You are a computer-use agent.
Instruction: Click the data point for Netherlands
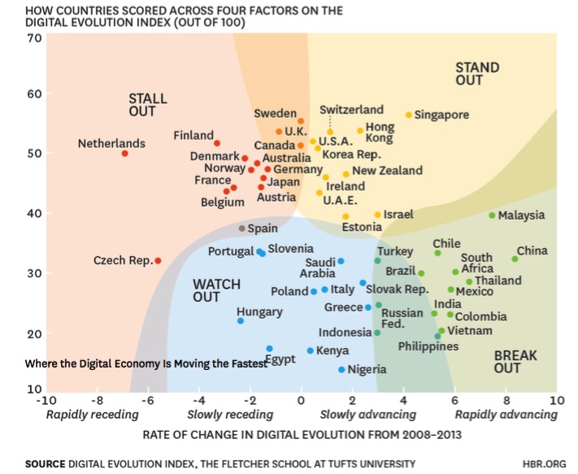coord(124,153)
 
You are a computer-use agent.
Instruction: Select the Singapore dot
coord(409,115)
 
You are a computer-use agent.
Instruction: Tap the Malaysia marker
coord(492,215)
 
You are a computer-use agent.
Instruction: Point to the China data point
coord(515,259)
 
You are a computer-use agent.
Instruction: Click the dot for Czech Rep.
coord(158,261)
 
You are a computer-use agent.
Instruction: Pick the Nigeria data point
coord(341,369)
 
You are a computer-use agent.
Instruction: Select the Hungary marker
coord(241,320)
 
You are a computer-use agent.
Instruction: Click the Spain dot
coord(241,228)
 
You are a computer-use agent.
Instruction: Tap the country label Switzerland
coord(351,109)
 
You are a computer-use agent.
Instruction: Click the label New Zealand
coord(387,171)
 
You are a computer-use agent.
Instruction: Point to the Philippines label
coord(428,346)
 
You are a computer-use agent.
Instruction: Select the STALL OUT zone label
coord(148,106)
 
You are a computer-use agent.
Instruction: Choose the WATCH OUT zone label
coord(217,290)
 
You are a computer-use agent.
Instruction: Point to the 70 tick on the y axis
coord(33,38)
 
